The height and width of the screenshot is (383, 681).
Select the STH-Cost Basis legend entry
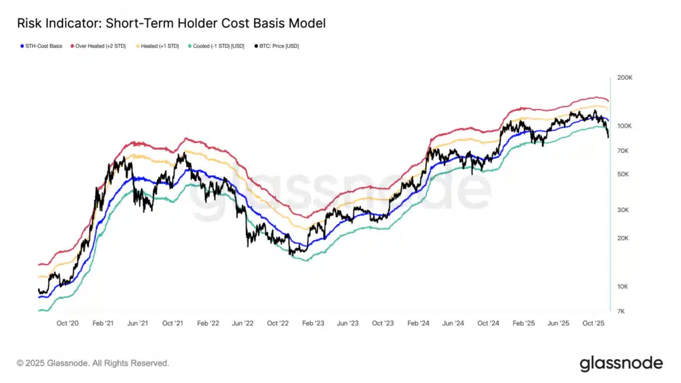click(42, 46)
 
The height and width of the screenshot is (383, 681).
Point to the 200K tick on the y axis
click(624, 78)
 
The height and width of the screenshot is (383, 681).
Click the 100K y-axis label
click(624, 126)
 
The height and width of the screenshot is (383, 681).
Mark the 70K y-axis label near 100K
click(623, 151)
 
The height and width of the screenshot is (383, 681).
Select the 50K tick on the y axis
click(623, 174)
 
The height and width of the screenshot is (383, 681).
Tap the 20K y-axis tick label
click(623, 238)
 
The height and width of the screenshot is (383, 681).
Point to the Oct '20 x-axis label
click(68, 323)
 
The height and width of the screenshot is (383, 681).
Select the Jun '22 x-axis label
click(242, 323)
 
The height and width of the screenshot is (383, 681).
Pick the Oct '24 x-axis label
click(488, 323)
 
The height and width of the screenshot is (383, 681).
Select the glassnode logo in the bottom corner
click(620, 363)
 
